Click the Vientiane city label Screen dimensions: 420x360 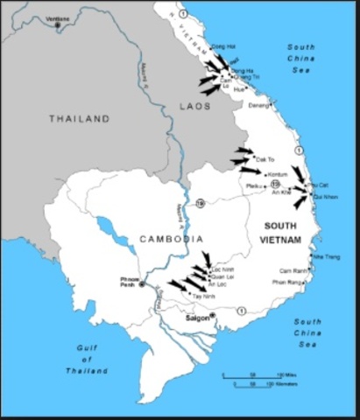(58, 17)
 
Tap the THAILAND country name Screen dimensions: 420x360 (80, 118)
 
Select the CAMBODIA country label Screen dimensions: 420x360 (171, 238)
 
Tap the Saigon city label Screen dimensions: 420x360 (196, 318)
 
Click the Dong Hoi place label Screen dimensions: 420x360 (224, 45)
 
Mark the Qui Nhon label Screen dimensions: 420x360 (324, 197)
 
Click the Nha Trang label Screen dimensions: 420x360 (326, 256)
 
